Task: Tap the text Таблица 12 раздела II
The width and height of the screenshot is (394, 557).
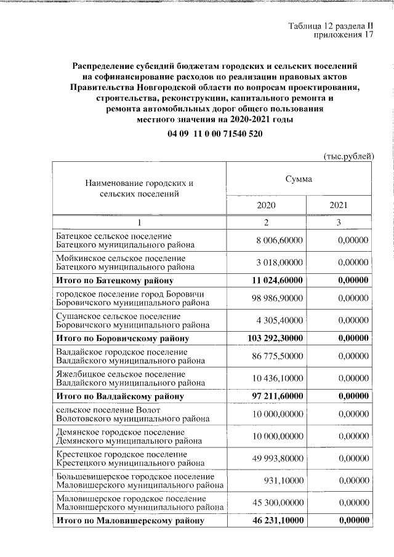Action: pyautogui.click(x=331, y=25)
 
